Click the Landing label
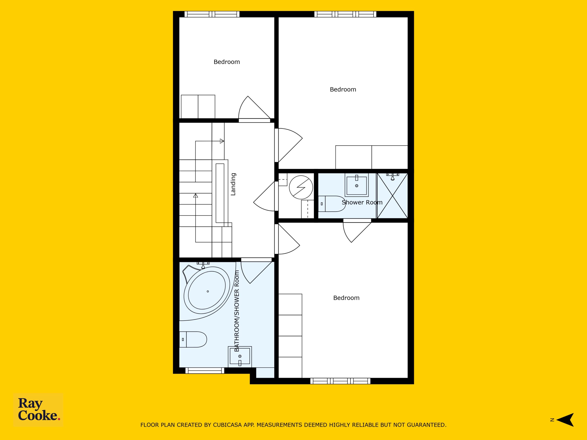coord(233,184)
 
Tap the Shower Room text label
coord(362,202)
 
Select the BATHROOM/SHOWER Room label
coord(237,311)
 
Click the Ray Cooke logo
coord(38,410)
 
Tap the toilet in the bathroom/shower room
coord(193,339)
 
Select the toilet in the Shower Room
coord(332,204)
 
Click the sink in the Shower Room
coord(357,184)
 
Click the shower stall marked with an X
coord(393,195)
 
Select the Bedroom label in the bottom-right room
coord(346,298)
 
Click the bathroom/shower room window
coord(205,371)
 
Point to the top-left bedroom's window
coord(212,14)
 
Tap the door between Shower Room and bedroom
coord(357,230)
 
